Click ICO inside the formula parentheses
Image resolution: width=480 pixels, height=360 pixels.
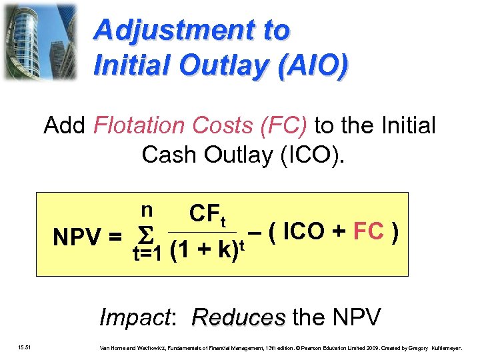pos(306,232)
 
